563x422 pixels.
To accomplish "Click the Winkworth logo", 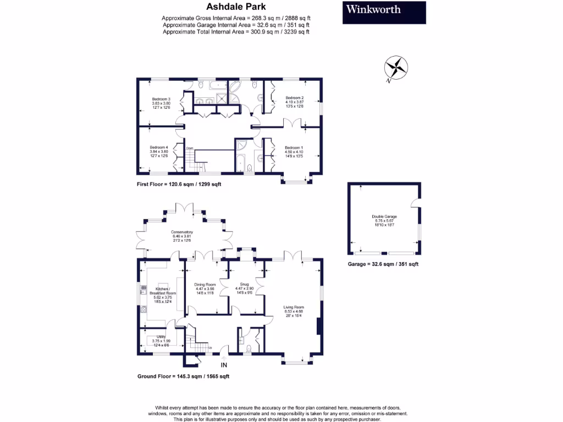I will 384,13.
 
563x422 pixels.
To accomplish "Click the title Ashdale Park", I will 236,7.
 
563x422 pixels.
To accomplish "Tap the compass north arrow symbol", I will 396,68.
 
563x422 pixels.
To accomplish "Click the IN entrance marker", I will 224,365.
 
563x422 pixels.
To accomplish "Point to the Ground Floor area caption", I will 183,376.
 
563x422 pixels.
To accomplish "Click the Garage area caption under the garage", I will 383,264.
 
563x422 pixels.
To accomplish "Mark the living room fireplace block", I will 319,328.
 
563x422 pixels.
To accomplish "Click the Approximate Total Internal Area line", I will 236,32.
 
